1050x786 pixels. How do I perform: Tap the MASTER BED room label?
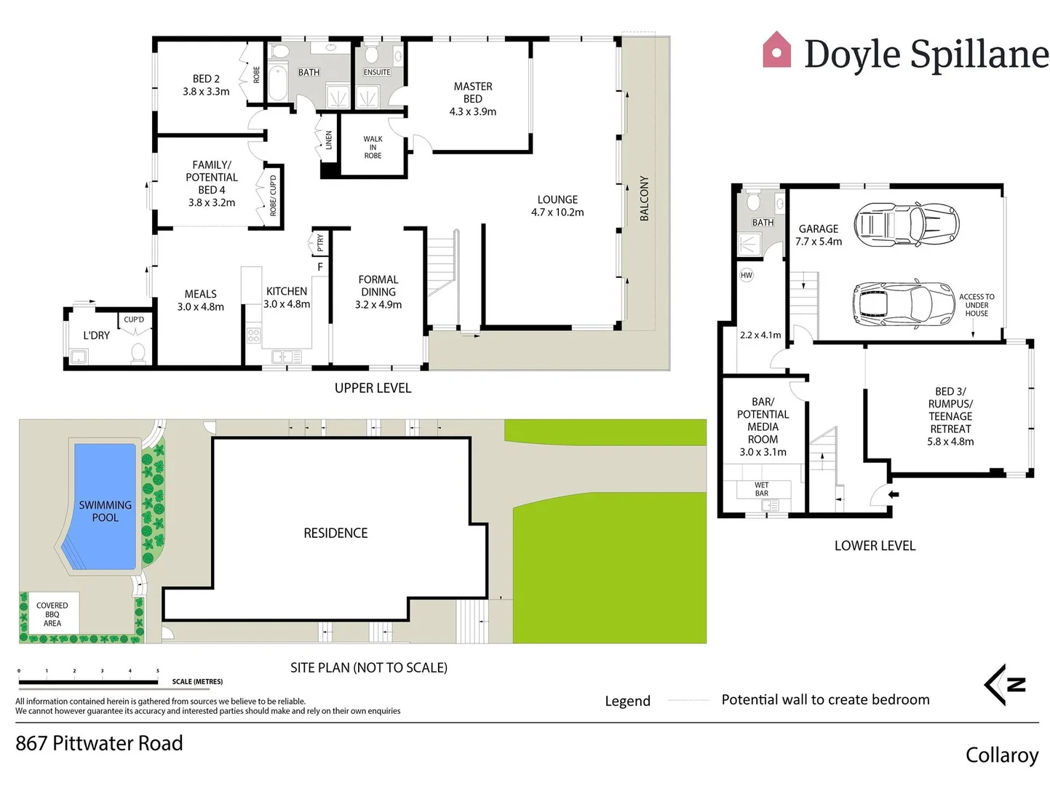pos(473,92)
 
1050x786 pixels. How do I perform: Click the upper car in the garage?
pos(906,224)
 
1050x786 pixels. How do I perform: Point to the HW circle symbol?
pos(747,275)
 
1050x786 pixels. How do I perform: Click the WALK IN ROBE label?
pos(373,147)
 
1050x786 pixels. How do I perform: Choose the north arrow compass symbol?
pos(1006,684)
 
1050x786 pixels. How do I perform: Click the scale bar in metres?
pos(88,682)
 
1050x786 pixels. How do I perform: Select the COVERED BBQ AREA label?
pos(52,614)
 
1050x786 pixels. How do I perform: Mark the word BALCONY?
pos(644,198)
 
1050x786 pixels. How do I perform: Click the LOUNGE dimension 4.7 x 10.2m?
pos(557,213)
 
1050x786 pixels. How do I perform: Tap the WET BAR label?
pos(761,489)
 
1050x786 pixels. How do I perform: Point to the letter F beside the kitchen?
pos(320,267)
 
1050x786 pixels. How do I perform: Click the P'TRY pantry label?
pos(320,242)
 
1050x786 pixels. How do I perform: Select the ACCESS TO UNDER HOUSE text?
pos(977,305)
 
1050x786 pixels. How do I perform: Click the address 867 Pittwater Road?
pos(99,743)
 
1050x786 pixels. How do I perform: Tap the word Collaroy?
pos(1001,755)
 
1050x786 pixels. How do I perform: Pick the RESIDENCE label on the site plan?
pos(335,533)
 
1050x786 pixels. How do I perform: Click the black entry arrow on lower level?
pos(894,495)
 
